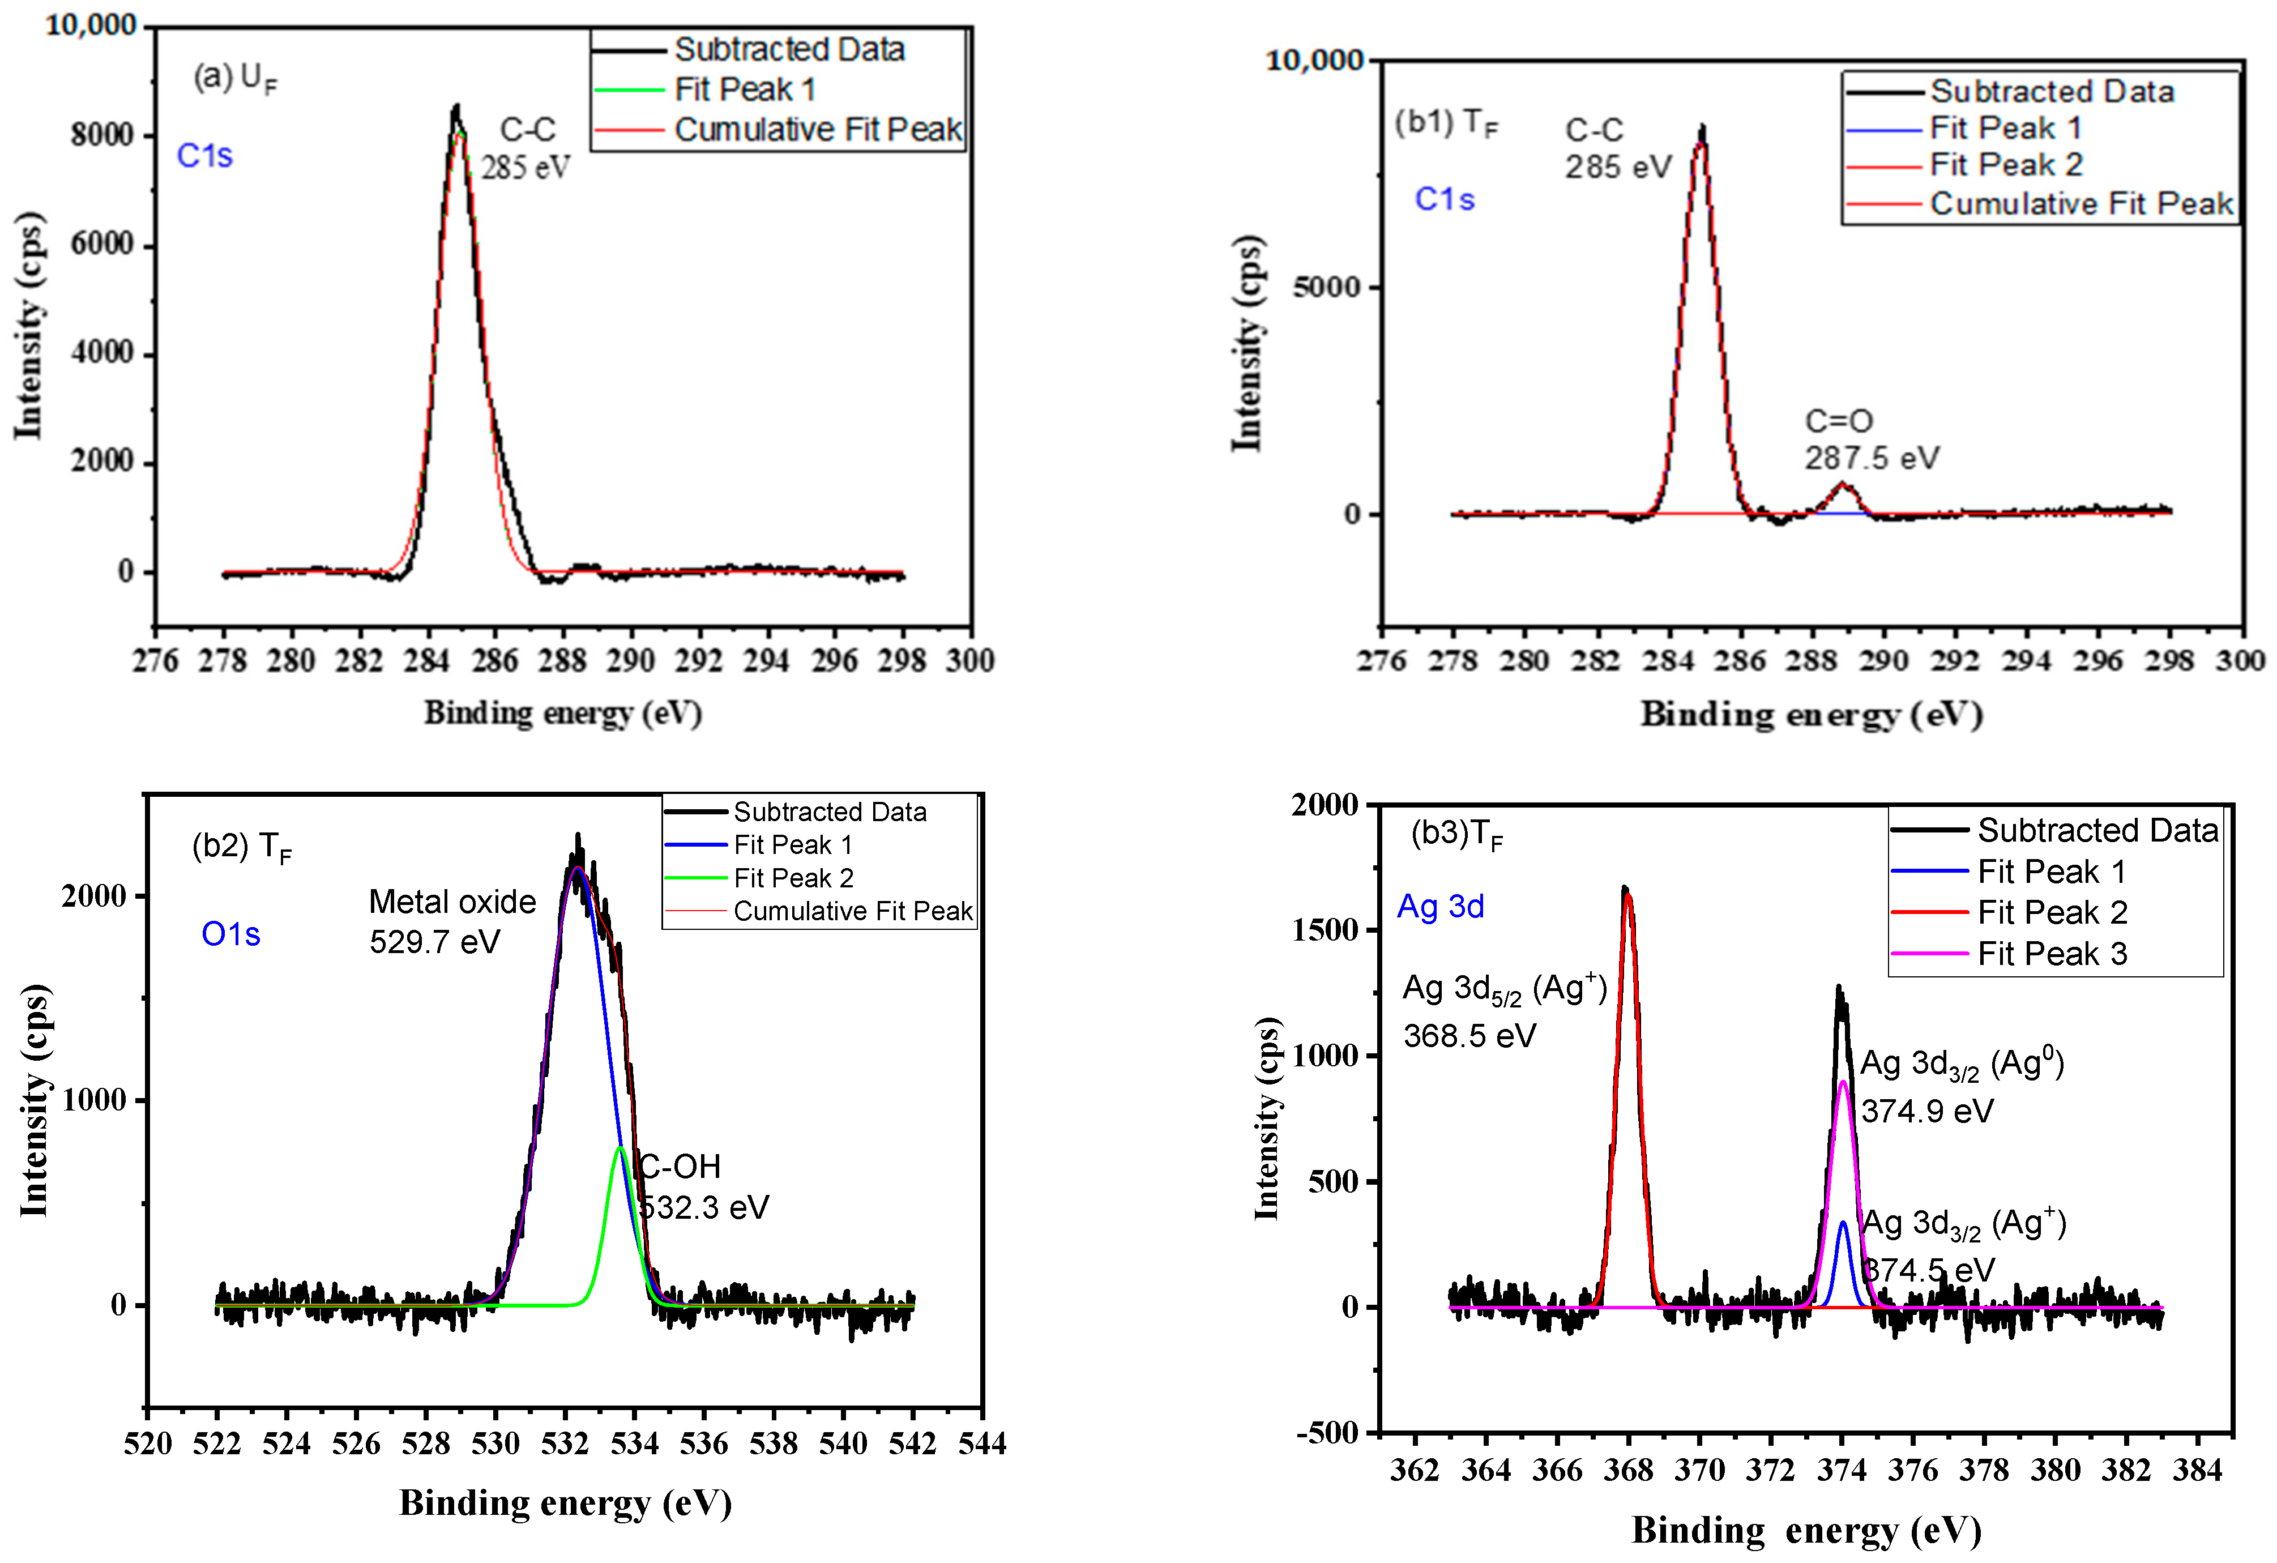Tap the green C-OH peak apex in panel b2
click(620, 1148)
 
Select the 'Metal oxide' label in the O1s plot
click(452, 902)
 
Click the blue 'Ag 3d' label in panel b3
click(1439, 907)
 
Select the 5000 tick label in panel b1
click(1327, 287)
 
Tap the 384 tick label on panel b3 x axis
click(2197, 1471)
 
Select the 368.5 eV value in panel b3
click(1469, 1036)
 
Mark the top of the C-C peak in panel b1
click(1702, 127)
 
